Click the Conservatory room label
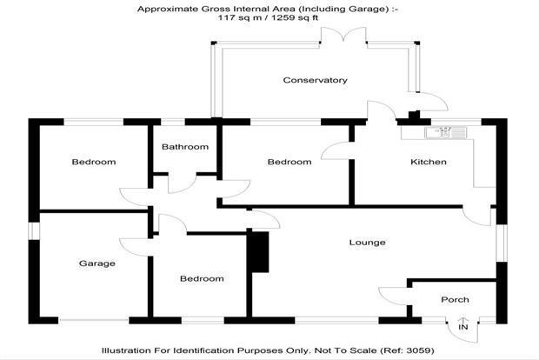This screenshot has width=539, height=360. pyautogui.click(x=315, y=80)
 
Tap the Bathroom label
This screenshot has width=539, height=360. pyautogui.click(x=185, y=147)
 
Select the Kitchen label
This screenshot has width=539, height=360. pyautogui.click(x=429, y=162)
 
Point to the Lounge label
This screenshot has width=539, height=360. pyautogui.click(x=367, y=243)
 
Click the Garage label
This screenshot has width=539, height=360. pyautogui.click(x=97, y=263)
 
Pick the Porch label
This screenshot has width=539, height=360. pyautogui.click(x=455, y=300)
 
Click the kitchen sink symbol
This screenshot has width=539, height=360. pyautogui.click(x=445, y=133)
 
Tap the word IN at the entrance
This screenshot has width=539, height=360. pyautogui.click(x=463, y=327)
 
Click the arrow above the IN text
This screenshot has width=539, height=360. pyautogui.click(x=463, y=319)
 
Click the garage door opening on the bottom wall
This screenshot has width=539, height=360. pyautogui.click(x=94, y=321)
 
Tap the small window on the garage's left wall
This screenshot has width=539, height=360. pyautogui.click(x=34, y=230)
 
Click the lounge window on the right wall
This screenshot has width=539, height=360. pyautogui.click(x=502, y=243)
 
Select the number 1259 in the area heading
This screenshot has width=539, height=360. pyautogui.click(x=283, y=18)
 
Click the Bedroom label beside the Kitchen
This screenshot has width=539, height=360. pyautogui.click(x=289, y=162)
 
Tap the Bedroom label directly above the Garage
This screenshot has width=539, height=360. pyautogui.click(x=94, y=162)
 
